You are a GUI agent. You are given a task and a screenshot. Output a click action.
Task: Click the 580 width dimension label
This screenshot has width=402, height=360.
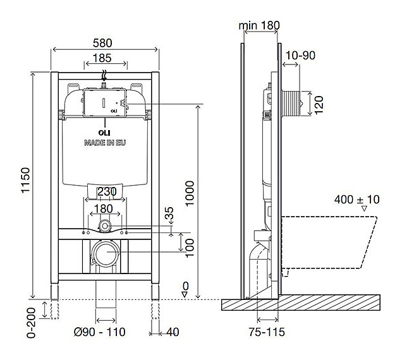[x=102, y=43]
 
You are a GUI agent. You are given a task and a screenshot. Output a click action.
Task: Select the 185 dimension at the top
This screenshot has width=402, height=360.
[x=102, y=58]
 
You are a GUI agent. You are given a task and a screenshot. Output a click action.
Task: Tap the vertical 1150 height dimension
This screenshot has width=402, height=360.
[x=26, y=180]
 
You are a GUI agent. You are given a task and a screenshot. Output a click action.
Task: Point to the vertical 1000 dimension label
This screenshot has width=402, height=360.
[x=190, y=193]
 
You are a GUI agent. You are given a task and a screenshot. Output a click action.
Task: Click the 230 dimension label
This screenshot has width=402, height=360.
[x=107, y=191]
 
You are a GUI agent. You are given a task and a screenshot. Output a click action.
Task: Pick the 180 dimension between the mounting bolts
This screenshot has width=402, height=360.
[x=103, y=209]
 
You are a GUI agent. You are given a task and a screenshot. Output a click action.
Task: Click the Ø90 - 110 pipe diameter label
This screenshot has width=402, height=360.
[x=100, y=332]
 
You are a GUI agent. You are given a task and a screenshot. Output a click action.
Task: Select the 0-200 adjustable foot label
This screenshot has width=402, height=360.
[x=31, y=323]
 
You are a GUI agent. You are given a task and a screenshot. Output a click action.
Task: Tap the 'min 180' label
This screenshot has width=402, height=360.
[x=259, y=25]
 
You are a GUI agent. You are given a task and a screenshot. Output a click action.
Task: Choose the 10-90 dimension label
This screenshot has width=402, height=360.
[x=300, y=56]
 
